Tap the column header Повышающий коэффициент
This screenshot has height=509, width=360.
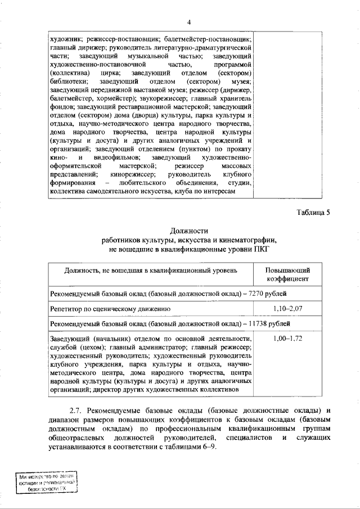(x=287, y=274)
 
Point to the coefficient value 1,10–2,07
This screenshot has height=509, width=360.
(x=287, y=309)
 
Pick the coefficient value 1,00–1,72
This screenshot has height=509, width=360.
(x=287, y=339)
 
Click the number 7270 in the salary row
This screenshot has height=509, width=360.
(x=256, y=294)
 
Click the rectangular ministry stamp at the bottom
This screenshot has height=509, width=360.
(x=47, y=482)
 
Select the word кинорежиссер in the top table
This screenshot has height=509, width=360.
(x=133, y=175)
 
